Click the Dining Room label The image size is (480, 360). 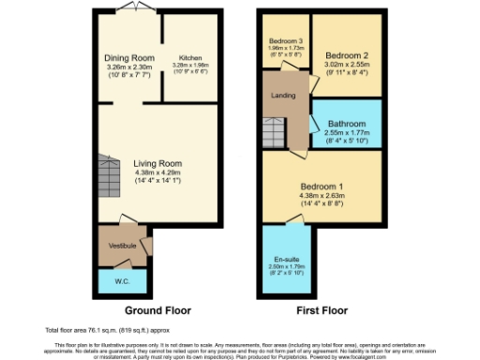click(129, 58)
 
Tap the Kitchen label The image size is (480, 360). click(190, 57)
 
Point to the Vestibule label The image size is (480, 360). click(123, 246)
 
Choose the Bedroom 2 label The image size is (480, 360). click(346, 55)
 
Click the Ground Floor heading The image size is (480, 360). click(157, 309)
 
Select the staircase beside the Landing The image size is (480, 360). click(275, 130)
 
